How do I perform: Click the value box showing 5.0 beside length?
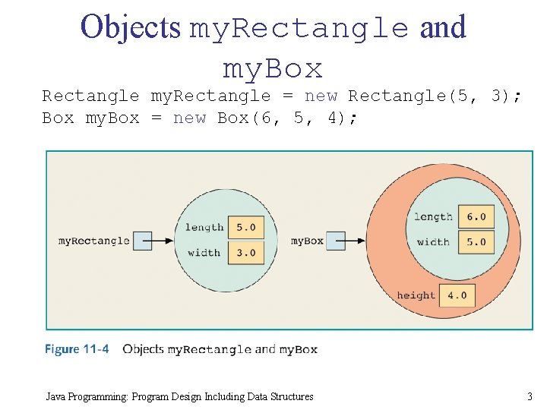(x=245, y=227)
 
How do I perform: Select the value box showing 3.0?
(x=245, y=253)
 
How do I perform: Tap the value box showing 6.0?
(x=476, y=216)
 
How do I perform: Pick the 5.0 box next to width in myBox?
(x=476, y=242)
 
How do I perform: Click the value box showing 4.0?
(x=457, y=295)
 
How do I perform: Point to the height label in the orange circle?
(x=416, y=295)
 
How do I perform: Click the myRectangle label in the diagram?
(x=94, y=241)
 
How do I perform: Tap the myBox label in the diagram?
(x=307, y=241)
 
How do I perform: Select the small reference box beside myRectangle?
(x=142, y=241)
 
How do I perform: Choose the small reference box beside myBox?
(x=337, y=241)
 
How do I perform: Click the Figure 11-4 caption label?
(x=77, y=349)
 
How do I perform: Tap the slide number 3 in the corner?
(x=530, y=396)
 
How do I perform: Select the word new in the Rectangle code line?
(x=321, y=96)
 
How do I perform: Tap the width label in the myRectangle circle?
(x=204, y=253)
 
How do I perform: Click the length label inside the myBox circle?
(x=433, y=216)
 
